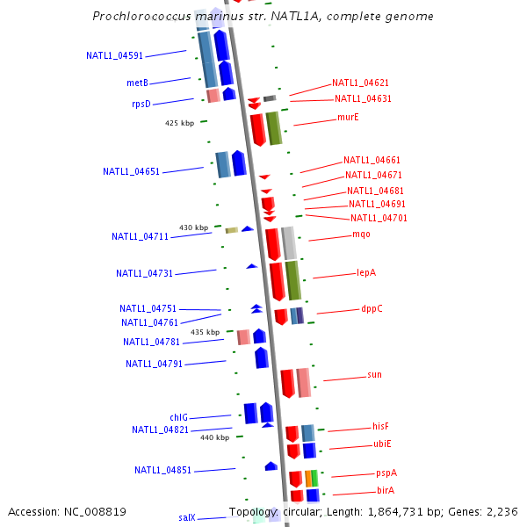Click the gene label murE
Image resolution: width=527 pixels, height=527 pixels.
(348, 117)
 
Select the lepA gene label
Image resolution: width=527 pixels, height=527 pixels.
(366, 273)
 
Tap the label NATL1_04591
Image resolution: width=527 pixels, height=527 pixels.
(114, 56)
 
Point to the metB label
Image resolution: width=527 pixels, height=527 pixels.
(137, 83)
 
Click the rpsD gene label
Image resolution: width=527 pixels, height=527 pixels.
(141, 104)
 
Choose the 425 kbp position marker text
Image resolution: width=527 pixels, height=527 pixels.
(179, 123)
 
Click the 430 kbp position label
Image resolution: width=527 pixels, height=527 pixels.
(194, 227)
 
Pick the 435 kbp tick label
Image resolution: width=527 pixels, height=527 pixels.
(206, 332)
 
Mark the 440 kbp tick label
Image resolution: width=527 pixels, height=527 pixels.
(214, 437)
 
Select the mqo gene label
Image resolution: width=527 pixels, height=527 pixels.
(361, 235)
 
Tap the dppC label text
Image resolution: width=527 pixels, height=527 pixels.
(372, 309)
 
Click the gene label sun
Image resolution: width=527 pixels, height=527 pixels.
(374, 375)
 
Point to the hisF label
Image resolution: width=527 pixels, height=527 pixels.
(380, 426)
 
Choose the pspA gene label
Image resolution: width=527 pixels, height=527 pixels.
(386, 473)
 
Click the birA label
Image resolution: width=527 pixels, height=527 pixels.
(386, 490)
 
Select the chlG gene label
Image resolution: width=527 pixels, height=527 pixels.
(178, 418)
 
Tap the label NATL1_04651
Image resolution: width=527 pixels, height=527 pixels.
(131, 172)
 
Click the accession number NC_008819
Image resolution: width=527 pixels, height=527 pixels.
(96, 512)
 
